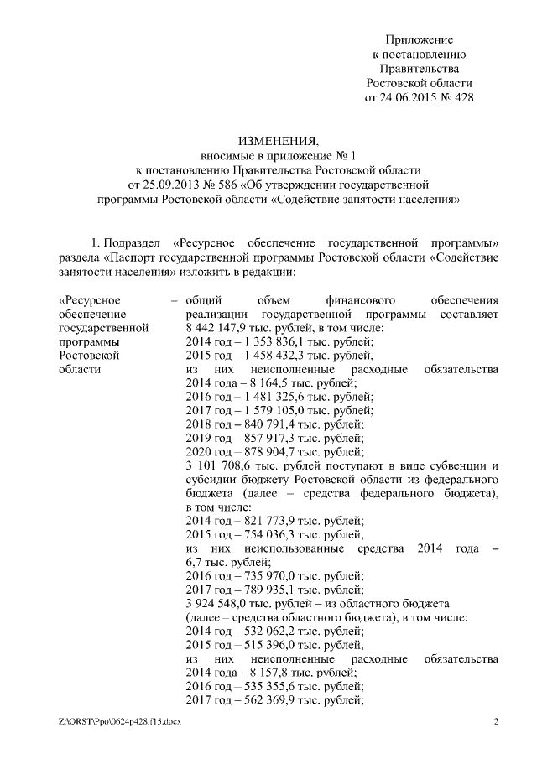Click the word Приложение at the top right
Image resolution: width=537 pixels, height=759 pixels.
(420, 39)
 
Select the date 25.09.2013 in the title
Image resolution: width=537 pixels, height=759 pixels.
(156, 185)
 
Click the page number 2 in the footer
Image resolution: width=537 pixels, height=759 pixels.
(496, 723)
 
